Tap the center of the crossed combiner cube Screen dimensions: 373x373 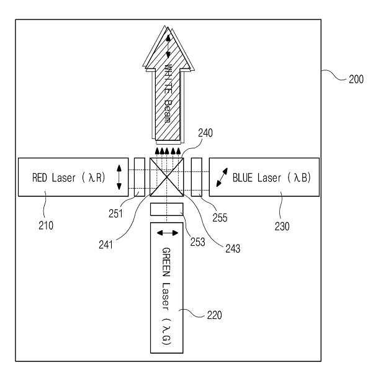[168, 178]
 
